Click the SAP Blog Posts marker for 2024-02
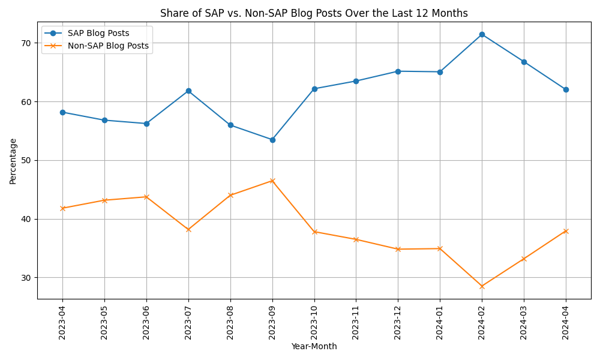[482, 34]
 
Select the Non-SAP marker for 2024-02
[482, 286]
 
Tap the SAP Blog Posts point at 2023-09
[272, 140]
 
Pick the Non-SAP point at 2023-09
[272, 181]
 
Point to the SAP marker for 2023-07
[188, 91]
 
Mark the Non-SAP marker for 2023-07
[188, 229]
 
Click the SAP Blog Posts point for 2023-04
[62, 112]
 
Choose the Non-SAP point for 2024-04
[566, 231]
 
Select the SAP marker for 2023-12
[398, 71]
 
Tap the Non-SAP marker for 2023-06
[146, 197]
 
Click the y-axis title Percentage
[13, 161]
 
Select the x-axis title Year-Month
[314, 347]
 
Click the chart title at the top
[314, 13]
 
